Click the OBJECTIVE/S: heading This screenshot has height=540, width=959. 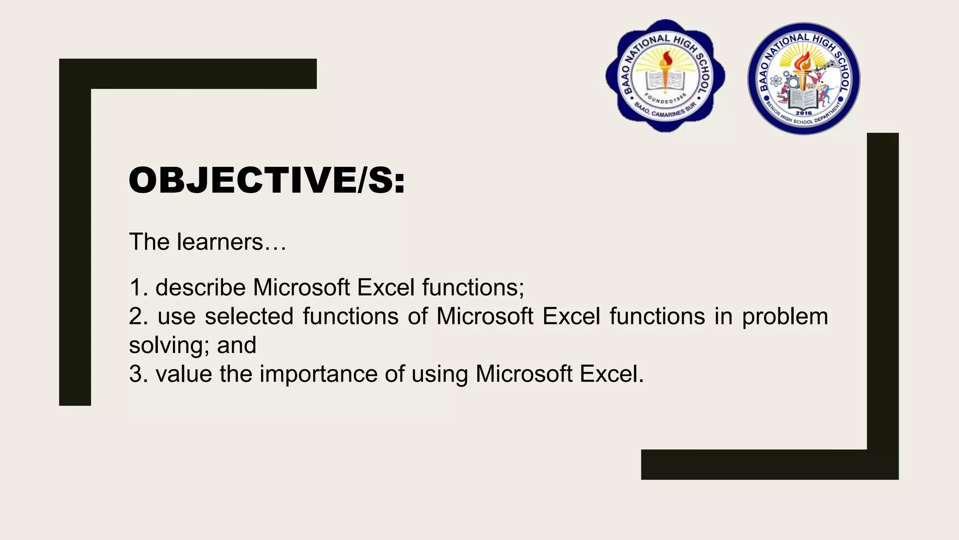click(266, 180)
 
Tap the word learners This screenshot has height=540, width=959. click(220, 242)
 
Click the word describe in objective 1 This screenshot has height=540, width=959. click(200, 287)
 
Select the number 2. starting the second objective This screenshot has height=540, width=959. click(138, 316)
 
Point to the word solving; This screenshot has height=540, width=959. click(169, 346)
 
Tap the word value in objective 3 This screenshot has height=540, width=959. click(184, 374)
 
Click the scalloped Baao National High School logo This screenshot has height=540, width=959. click(665, 76)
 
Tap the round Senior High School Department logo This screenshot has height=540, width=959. click(804, 79)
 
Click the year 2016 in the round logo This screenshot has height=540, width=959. click(804, 113)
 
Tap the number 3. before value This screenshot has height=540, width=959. click(138, 374)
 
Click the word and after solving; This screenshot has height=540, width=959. click(236, 345)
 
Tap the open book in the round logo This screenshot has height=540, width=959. click(804, 99)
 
